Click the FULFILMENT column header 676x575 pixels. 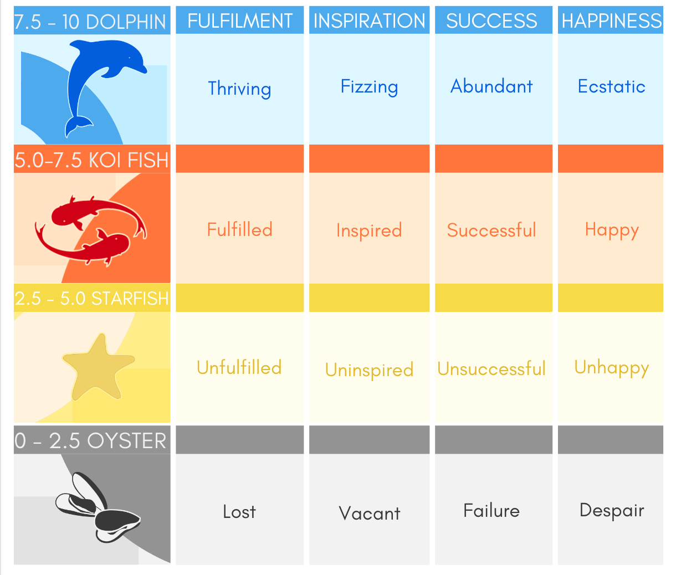240,21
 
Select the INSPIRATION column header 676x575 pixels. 369,21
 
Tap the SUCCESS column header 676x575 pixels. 491,21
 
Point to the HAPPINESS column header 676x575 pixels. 612,21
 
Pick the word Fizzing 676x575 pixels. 369,87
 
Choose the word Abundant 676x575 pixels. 491,86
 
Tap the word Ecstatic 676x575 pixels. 612,86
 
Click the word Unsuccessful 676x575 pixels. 491,369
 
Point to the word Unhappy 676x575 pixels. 612,368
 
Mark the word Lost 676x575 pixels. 239,512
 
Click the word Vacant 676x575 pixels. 369,513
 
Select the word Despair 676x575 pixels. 612,511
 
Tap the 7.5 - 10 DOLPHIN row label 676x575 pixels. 90,22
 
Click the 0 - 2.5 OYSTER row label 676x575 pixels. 90,440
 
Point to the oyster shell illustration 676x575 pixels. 98,507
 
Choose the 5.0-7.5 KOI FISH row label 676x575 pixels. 91,160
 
